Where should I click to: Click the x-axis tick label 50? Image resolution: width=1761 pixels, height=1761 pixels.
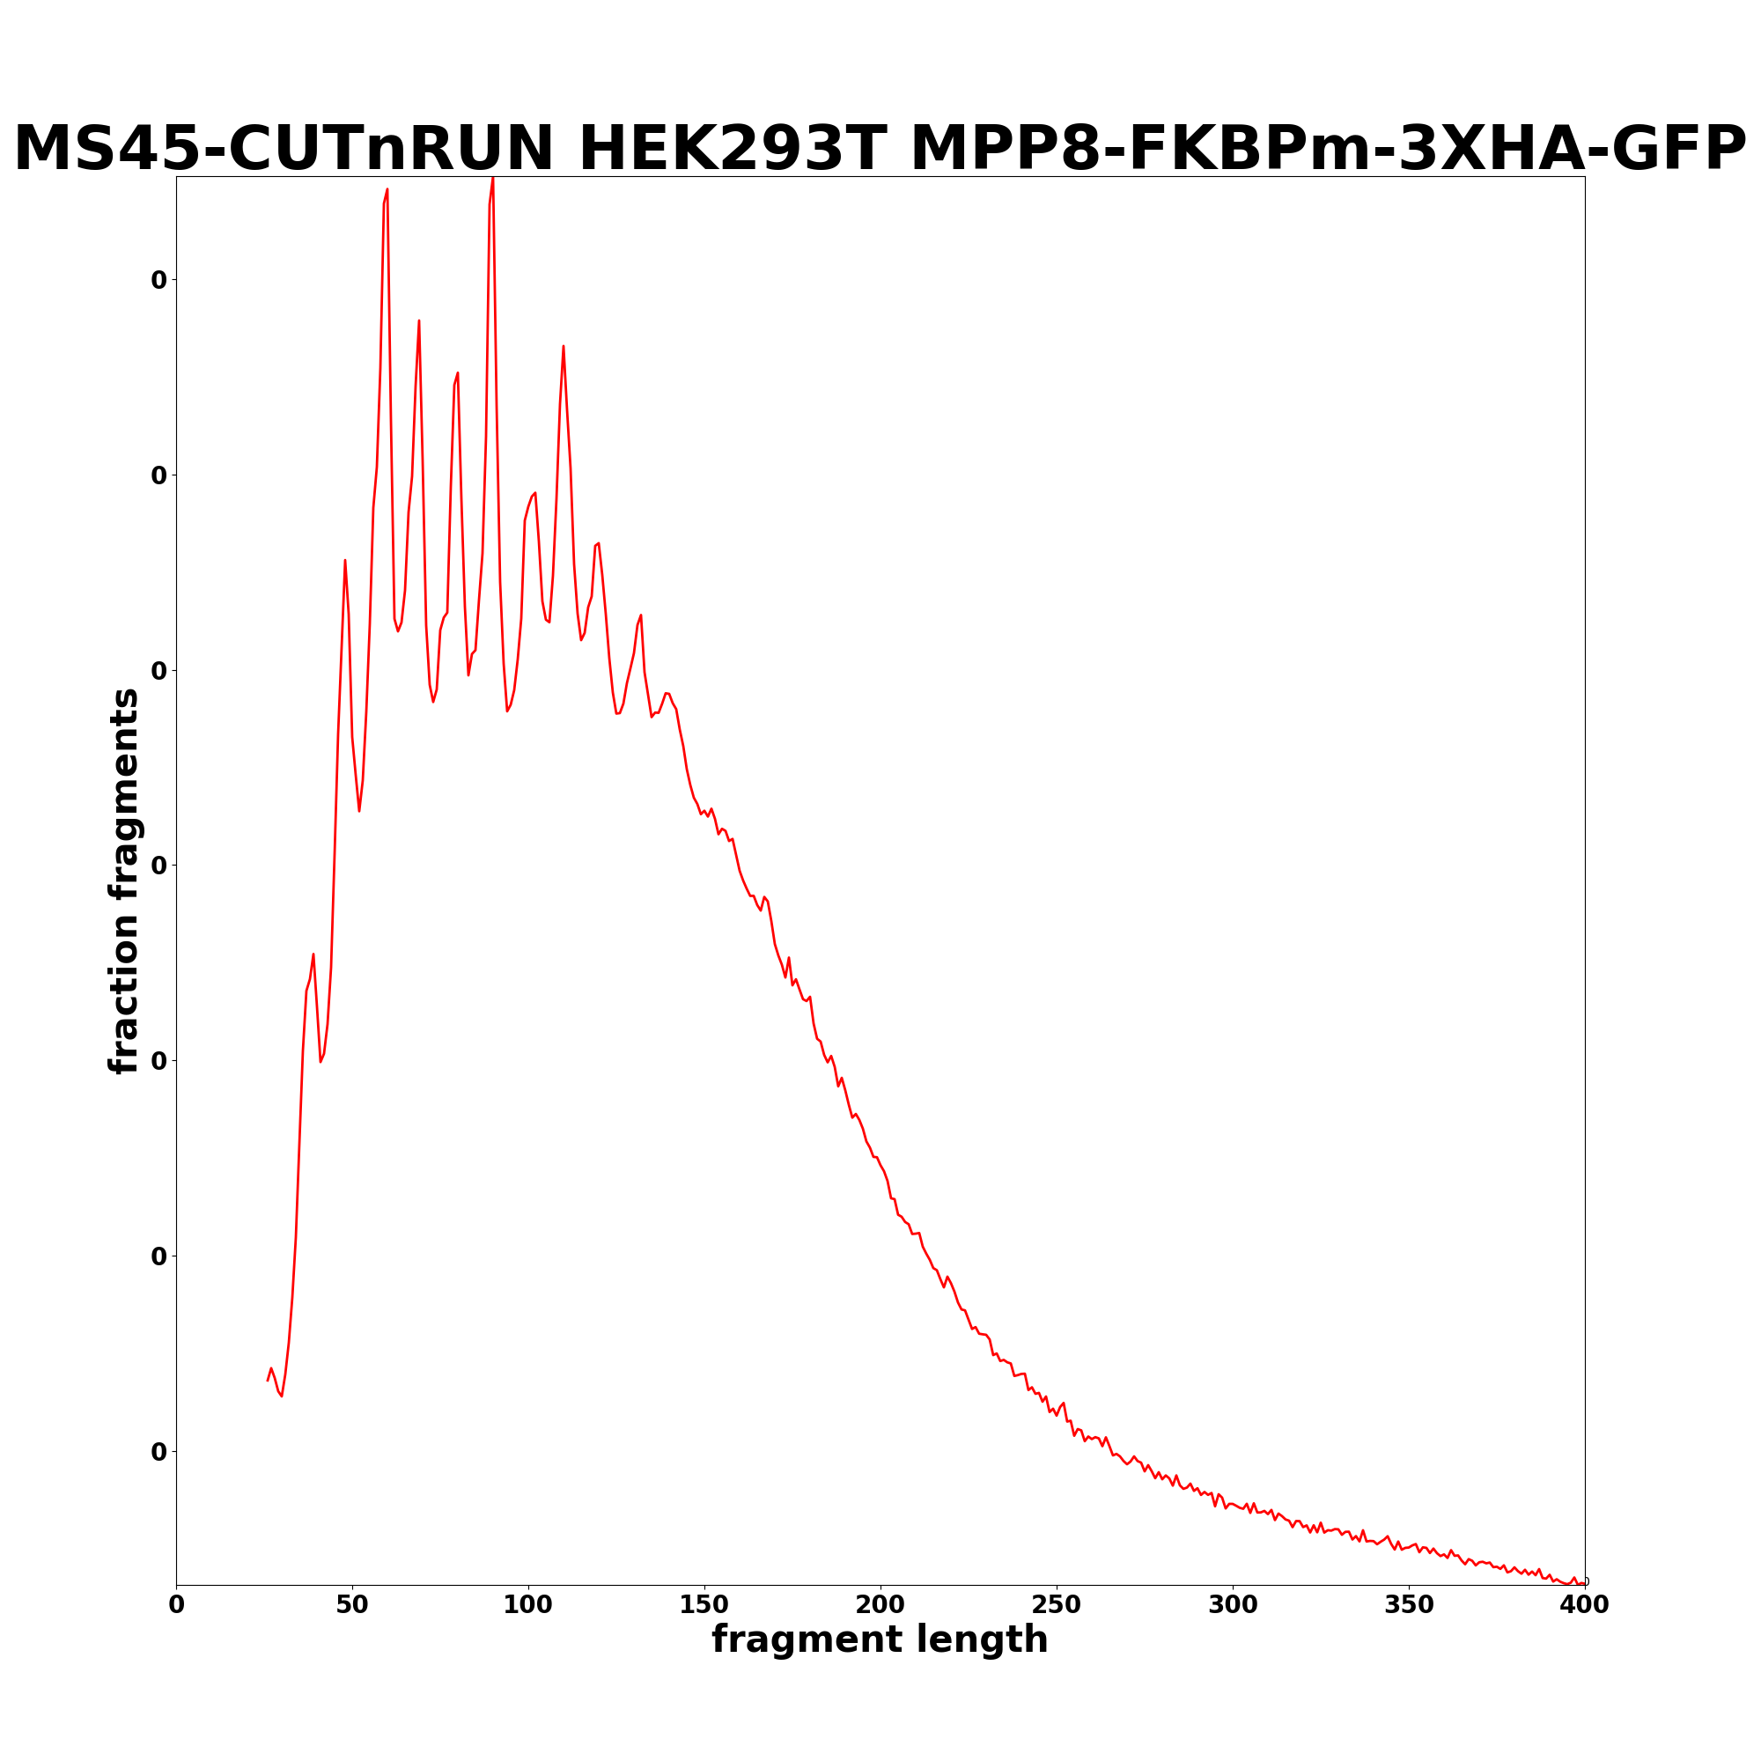[x=352, y=1605]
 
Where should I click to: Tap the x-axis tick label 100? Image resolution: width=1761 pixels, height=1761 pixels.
[x=527, y=1605]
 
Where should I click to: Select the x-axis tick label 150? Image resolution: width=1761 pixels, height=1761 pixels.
[x=704, y=1605]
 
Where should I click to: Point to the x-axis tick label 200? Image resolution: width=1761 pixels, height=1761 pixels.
[x=880, y=1605]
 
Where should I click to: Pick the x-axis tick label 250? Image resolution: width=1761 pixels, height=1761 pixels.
[x=1057, y=1605]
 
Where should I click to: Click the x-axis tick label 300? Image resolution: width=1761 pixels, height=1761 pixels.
[x=1233, y=1605]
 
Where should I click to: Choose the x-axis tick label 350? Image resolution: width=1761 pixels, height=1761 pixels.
[x=1409, y=1605]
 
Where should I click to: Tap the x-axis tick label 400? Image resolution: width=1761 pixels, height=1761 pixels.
[x=1585, y=1605]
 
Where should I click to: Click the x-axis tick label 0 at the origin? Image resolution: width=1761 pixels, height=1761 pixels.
[x=176, y=1605]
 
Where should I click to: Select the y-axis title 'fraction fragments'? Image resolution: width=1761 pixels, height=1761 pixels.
[x=125, y=880]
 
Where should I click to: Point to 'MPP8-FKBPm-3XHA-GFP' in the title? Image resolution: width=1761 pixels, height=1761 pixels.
[x=1328, y=150]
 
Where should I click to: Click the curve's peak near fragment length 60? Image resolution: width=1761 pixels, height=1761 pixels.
[x=387, y=189]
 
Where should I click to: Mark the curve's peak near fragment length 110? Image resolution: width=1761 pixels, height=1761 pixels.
[x=564, y=346]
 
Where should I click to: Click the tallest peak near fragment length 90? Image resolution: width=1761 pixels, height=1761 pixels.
[x=493, y=179]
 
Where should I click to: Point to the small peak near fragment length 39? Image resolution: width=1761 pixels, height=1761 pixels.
[x=313, y=954]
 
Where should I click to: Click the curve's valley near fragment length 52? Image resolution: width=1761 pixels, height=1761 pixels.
[x=359, y=811]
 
